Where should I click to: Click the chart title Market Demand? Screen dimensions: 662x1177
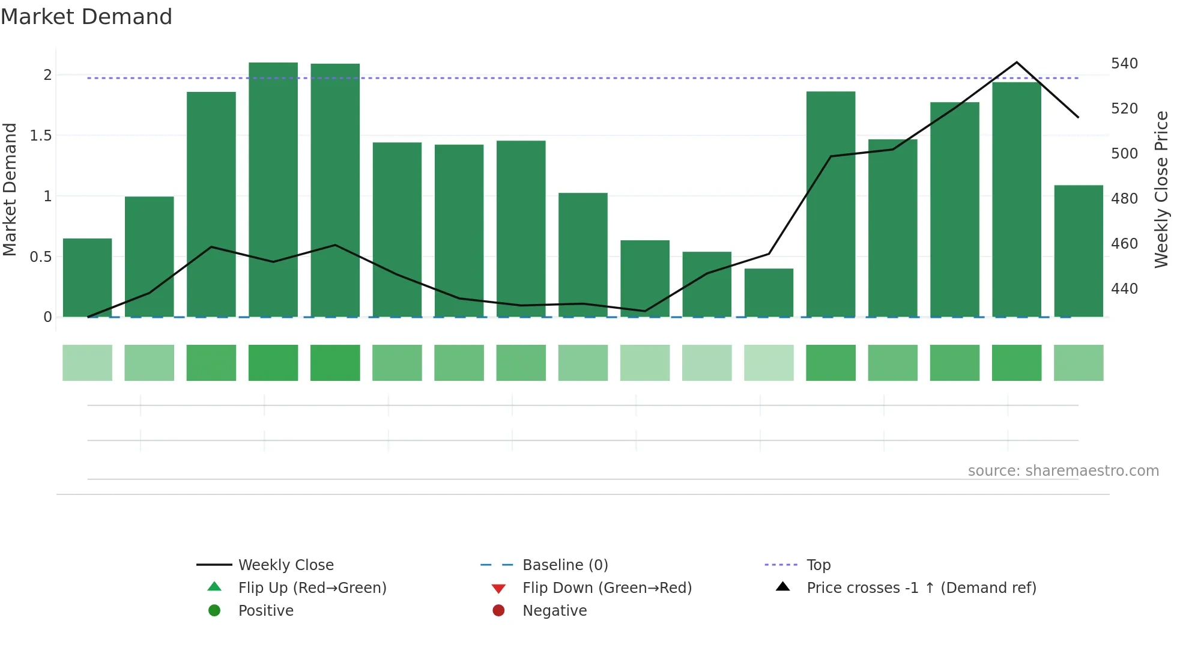pyautogui.click(x=86, y=17)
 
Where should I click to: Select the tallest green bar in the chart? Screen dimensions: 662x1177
pyautogui.click(x=273, y=189)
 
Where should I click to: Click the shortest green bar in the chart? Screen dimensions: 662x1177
pyautogui.click(x=769, y=293)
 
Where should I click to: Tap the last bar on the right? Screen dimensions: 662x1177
pyautogui.click(x=1079, y=251)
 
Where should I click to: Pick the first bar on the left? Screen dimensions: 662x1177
pyautogui.click(x=88, y=278)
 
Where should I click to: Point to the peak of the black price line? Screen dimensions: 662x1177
pyautogui.click(x=1017, y=62)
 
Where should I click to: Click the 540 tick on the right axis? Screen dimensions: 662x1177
pyautogui.click(x=1124, y=64)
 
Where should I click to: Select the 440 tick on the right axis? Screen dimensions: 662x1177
pyautogui.click(x=1124, y=289)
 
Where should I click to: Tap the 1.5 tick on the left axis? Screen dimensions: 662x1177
pyautogui.click(x=41, y=136)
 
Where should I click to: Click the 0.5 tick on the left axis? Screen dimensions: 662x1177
pyautogui.click(x=41, y=257)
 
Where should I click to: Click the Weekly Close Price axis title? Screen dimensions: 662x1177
pyautogui.click(x=1161, y=189)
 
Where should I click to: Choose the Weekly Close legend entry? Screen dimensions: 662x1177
pyautogui.click(x=285, y=565)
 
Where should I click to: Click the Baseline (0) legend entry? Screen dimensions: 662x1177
pyautogui.click(x=564, y=565)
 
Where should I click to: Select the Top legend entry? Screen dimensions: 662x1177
pyautogui.click(x=818, y=565)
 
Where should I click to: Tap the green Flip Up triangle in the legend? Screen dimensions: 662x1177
pyautogui.click(x=214, y=587)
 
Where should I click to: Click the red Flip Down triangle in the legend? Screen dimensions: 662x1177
pyautogui.click(x=498, y=589)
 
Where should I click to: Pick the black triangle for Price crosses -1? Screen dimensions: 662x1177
pyautogui.click(x=783, y=587)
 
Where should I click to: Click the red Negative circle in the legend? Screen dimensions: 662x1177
pyautogui.click(x=498, y=611)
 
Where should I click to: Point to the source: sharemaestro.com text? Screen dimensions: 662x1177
pyautogui.click(x=1063, y=471)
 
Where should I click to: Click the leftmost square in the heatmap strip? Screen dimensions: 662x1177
pyautogui.click(x=88, y=363)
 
